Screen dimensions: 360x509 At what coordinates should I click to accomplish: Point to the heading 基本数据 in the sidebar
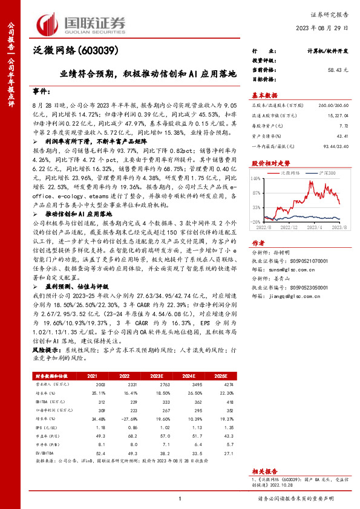click(x=264, y=95)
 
